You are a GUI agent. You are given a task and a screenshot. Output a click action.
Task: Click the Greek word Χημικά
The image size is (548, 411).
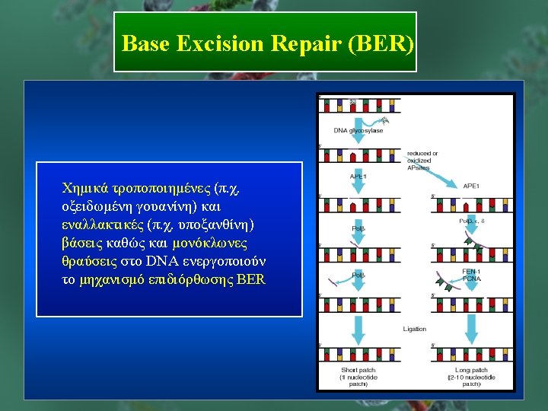click(x=86, y=187)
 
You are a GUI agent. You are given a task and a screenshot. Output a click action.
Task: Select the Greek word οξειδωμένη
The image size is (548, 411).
click(x=97, y=205)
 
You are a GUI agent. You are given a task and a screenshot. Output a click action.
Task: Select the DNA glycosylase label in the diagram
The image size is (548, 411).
click(x=358, y=131)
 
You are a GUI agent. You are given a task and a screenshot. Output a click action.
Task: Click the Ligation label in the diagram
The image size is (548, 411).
click(x=415, y=329)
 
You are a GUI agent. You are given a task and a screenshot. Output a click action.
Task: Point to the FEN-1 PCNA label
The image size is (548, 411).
click(x=471, y=275)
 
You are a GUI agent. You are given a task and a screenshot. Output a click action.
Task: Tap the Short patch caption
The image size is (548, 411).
click(x=358, y=377)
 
